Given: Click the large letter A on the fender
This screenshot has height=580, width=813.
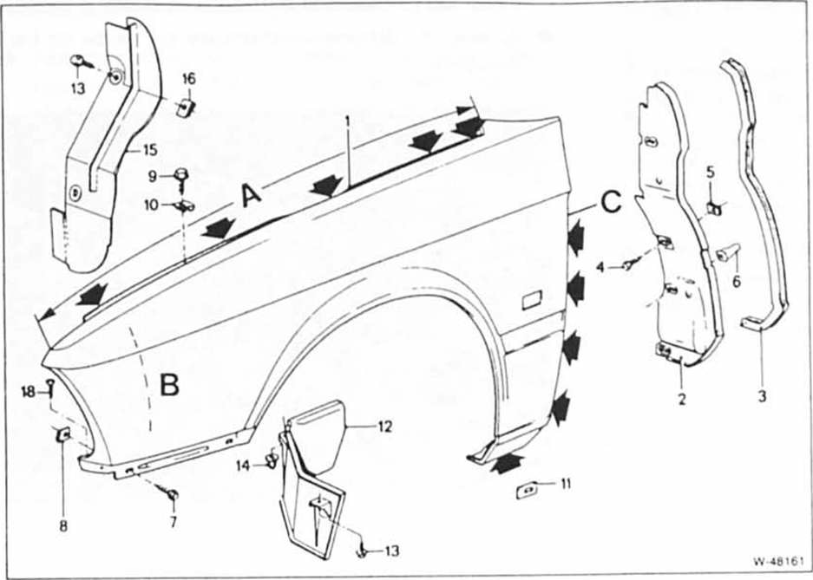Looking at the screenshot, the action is (x=252, y=197).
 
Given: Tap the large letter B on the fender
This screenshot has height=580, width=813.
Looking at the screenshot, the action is (x=169, y=385).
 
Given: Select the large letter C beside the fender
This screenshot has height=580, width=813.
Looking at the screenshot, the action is (x=612, y=202).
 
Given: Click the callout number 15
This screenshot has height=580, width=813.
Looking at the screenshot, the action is (x=150, y=151).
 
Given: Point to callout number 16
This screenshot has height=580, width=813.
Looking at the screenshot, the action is (x=189, y=79).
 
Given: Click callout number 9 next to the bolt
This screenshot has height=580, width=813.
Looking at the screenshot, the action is (x=152, y=177).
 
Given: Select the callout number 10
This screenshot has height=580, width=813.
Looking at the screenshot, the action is (x=151, y=205).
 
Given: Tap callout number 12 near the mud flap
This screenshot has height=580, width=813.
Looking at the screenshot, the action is (x=384, y=427).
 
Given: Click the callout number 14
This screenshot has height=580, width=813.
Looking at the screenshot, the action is (x=243, y=466).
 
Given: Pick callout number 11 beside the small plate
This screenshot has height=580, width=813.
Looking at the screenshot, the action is (x=566, y=484).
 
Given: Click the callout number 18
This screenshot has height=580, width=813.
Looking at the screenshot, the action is (x=29, y=392).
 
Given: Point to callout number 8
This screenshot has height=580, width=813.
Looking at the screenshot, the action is (x=63, y=526).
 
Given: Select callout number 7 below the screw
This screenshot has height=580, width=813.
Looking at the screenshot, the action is (x=174, y=521).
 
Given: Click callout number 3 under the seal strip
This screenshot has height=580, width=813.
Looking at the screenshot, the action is (x=762, y=397).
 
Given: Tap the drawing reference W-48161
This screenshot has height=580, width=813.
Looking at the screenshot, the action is (x=778, y=561).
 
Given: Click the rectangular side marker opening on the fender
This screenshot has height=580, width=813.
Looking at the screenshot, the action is (x=532, y=300).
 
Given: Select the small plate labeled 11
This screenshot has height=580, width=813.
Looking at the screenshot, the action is (x=527, y=490).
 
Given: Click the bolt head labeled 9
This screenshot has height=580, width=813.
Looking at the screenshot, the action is (x=181, y=173).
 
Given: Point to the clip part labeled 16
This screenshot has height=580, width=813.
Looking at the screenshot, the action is (x=186, y=108).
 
